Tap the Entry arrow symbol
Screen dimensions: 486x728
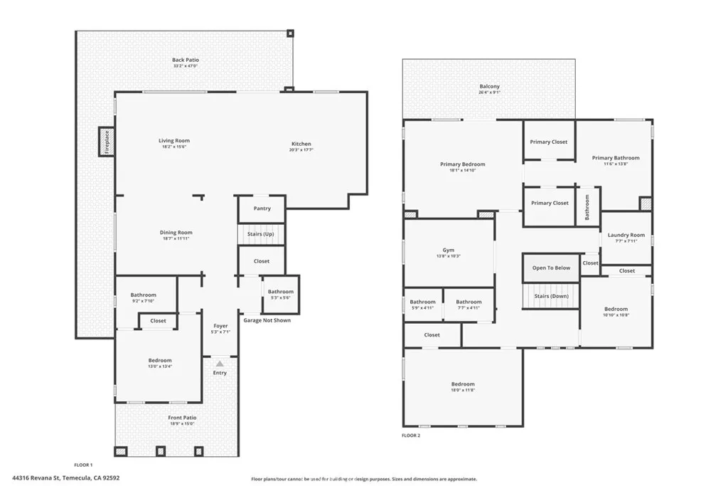[x=220, y=364]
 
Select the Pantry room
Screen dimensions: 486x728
[x=262, y=208]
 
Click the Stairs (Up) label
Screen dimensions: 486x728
[x=260, y=234]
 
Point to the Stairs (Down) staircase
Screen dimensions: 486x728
[x=550, y=296]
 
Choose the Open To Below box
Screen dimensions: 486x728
[x=551, y=268]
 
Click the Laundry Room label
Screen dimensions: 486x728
[x=626, y=235]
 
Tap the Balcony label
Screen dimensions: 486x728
[x=489, y=87]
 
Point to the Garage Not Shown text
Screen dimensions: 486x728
[x=267, y=320]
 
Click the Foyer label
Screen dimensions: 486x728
[x=220, y=326]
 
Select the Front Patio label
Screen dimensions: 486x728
[x=182, y=418]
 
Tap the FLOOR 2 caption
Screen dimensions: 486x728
[x=411, y=435]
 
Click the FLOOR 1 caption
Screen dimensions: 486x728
[x=83, y=465]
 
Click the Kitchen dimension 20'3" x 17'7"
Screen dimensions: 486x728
[x=301, y=150]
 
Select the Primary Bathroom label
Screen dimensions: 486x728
[x=616, y=158]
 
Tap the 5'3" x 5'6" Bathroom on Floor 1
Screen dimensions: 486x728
[x=280, y=295]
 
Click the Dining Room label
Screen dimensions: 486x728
[x=176, y=233]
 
